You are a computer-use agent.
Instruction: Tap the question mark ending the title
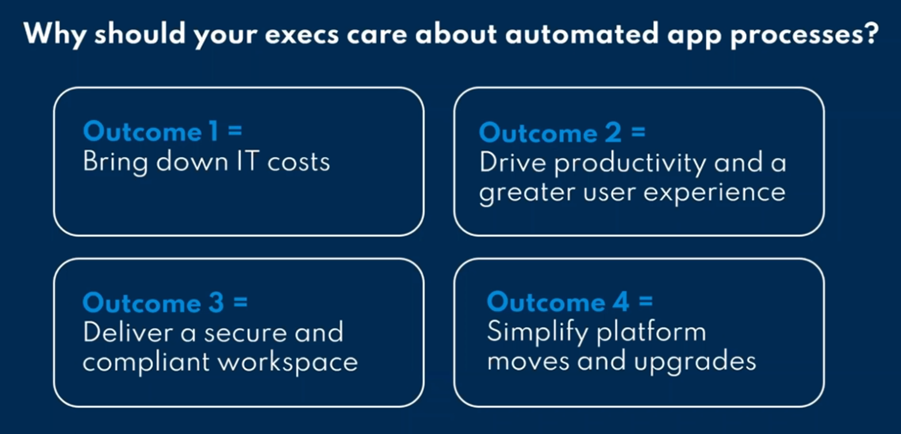click(870, 33)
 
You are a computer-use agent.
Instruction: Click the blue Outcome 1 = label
click(162, 132)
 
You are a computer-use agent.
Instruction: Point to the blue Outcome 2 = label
click(562, 134)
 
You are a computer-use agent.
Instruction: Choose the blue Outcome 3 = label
click(165, 303)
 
